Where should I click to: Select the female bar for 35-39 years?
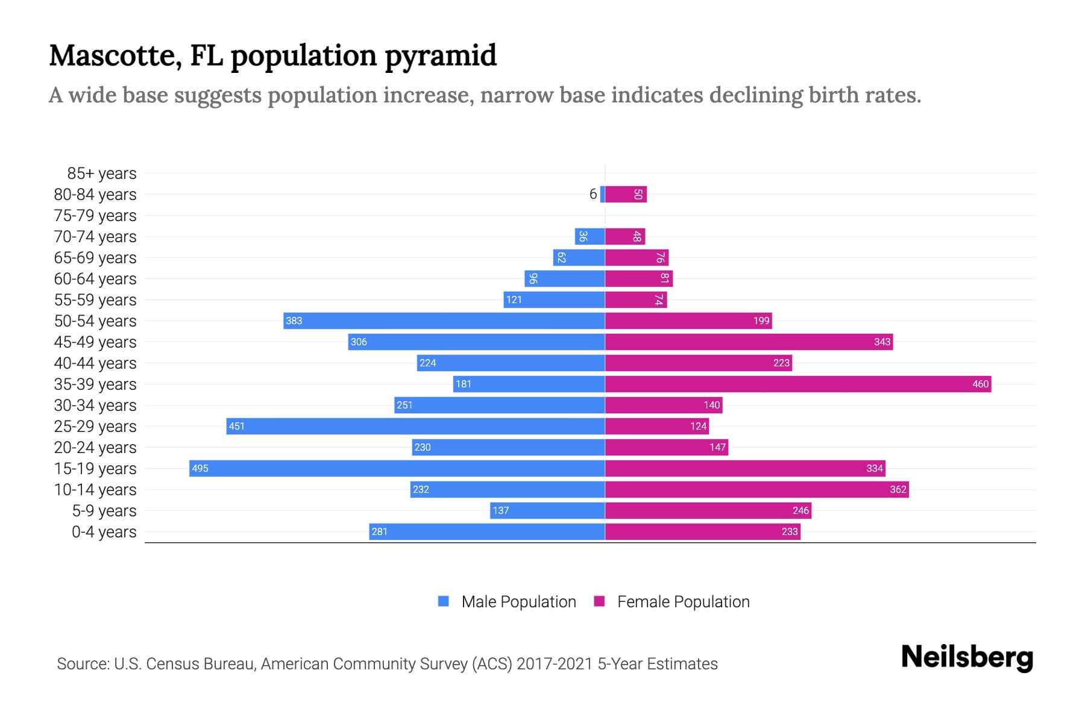797,384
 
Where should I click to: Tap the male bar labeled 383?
444,321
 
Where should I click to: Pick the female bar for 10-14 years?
756,489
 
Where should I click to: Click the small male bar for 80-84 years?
602,194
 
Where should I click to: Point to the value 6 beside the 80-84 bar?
593,194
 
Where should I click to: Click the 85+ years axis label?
101,174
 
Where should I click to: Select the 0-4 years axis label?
104,532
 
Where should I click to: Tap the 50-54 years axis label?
95,321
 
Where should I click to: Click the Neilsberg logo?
967,657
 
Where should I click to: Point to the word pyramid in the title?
440,55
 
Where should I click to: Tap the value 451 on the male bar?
236,426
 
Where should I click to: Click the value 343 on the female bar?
882,342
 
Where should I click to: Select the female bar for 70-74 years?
624,236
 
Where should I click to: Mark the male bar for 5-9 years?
547,510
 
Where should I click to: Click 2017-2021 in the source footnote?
555,664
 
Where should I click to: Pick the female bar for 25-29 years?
656,426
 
